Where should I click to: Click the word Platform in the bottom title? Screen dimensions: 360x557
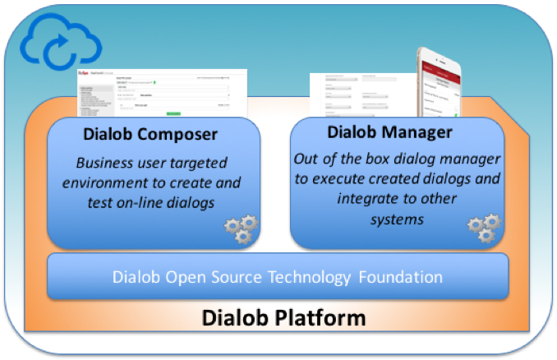[x=321, y=316]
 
